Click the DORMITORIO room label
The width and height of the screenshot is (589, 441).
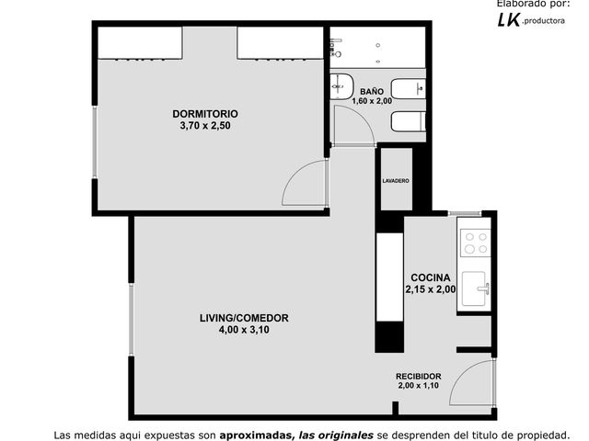[205, 114]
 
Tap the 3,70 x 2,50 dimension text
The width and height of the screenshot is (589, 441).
[205, 126]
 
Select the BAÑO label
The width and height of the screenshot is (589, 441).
[372, 92]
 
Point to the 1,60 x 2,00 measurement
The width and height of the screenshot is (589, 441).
[372, 101]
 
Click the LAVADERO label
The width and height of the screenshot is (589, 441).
[396, 181]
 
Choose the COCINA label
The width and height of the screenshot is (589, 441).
[431, 277]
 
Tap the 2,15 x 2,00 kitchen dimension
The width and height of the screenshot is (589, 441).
[431, 289]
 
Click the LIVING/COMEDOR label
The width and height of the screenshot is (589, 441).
[244, 318]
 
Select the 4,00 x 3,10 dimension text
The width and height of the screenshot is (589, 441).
[244, 330]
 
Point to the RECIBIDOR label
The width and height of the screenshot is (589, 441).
[419, 376]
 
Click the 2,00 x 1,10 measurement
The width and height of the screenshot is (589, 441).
[419, 386]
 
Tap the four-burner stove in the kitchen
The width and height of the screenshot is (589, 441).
[476, 243]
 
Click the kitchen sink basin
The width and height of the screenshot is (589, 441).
[474, 288]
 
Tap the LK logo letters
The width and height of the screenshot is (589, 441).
[509, 19]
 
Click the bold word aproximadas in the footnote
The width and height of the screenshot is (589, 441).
[257, 435]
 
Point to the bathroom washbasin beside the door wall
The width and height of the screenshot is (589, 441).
[341, 86]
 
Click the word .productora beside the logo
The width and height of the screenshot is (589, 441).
[543, 21]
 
